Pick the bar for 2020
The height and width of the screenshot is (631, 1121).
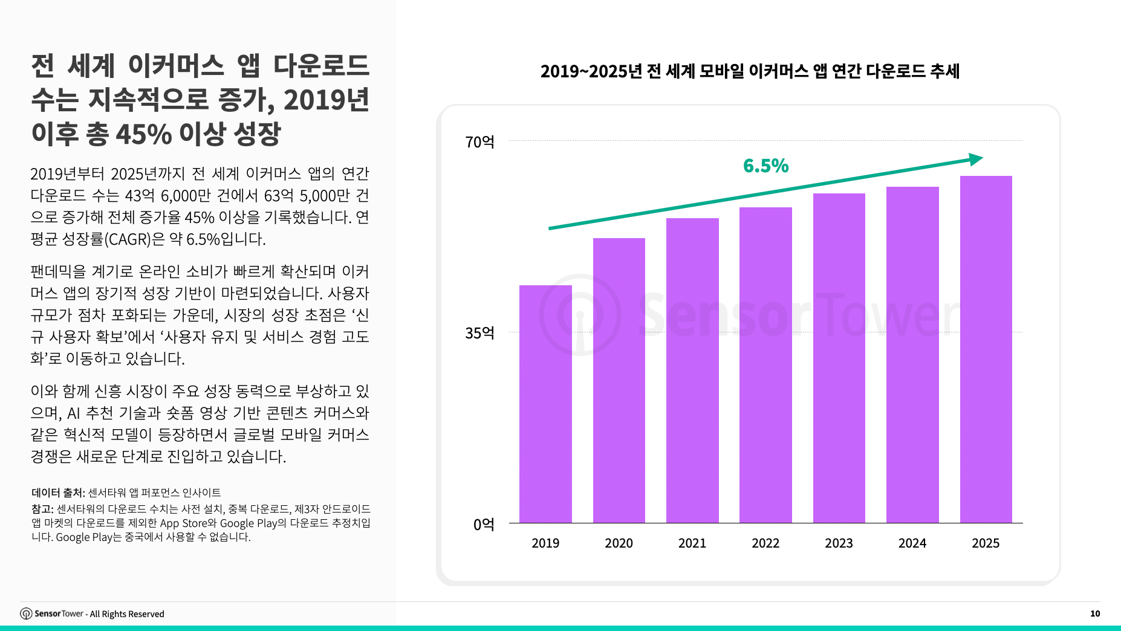click(x=619, y=380)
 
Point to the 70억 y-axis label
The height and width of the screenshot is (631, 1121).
click(x=479, y=142)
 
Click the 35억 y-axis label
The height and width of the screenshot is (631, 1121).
click(x=479, y=333)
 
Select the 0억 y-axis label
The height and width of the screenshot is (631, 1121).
click(x=483, y=524)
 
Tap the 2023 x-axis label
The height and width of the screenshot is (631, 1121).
click(x=839, y=543)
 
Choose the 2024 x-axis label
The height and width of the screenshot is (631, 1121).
click(x=912, y=543)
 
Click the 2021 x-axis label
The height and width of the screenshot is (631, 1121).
click(x=692, y=543)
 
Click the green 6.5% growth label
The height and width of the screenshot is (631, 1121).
click(x=765, y=166)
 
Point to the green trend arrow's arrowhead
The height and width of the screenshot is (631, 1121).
click(x=975, y=160)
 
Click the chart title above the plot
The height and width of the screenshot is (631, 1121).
click(x=750, y=71)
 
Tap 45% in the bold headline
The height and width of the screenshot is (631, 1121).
click(x=143, y=134)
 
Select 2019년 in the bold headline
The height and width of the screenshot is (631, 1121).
click(x=326, y=100)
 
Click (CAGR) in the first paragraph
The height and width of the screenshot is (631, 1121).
click(x=128, y=239)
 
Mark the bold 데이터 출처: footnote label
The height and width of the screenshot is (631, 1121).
click(x=58, y=493)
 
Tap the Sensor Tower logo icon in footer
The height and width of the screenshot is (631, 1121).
click(x=26, y=613)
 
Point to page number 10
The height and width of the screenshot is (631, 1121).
click(x=1094, y=613)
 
